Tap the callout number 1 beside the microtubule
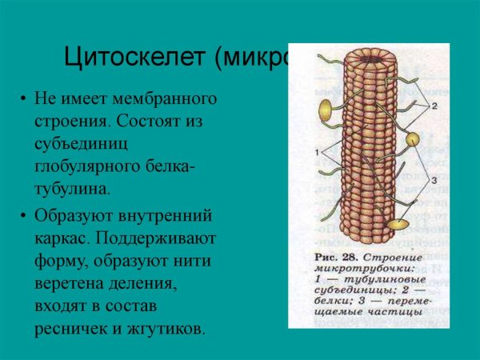click(x=317, y=151)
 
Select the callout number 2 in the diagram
click(x=434, y=106)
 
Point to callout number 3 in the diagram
click(x=434, y=182)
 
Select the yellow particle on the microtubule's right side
click(x=412, y=140)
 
